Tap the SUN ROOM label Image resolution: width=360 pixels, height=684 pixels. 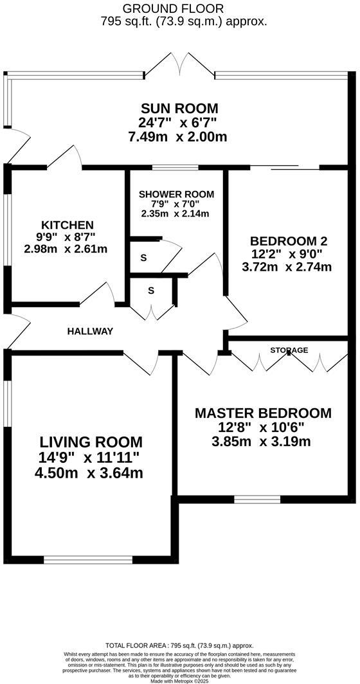pos(179,108)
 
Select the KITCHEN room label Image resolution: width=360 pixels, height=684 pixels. pos(67,225)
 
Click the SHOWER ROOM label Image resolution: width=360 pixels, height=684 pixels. pos(176,194)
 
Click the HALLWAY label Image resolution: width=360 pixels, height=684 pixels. pos(90,331)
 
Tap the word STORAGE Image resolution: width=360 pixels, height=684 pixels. pos(289,350)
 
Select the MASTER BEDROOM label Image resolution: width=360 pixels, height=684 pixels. pos(263,413)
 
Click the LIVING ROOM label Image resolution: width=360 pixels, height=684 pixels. pos(91,442)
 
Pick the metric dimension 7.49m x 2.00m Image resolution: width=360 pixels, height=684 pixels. pos(178,137)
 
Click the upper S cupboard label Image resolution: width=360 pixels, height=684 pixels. pos(143,258)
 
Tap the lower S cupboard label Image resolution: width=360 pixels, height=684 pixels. pos(151,290)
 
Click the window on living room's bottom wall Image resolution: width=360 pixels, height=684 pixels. pos(87,559)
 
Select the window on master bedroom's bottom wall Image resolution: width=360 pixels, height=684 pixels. pos(256,499)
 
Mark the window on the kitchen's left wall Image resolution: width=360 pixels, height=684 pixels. pos(8,229)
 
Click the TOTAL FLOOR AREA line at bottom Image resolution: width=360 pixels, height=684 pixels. pos(180,645)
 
